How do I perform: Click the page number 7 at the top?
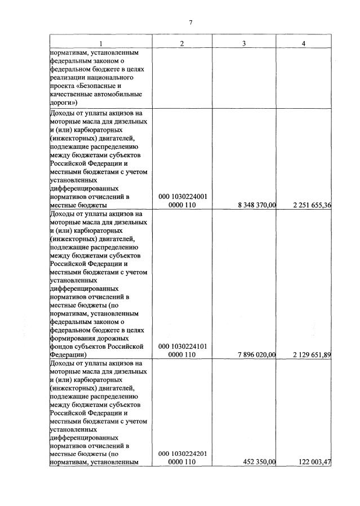pyautogui.click(x=190, y=23)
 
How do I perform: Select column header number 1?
pyautogui.click(x=101, y=44)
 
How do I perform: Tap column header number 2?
pyautogui.click(x=182, y=44)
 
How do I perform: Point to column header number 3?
pyautogui.click(x=243, y=44)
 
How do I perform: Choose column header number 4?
pyautogui.click(x=304, y=44)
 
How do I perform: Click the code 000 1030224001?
pyautogui.click(x=184, y=197)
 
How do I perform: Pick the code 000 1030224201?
pyautogui.click(x=184, y=454)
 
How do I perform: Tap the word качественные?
pyautogui.click(x=72, y=95)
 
